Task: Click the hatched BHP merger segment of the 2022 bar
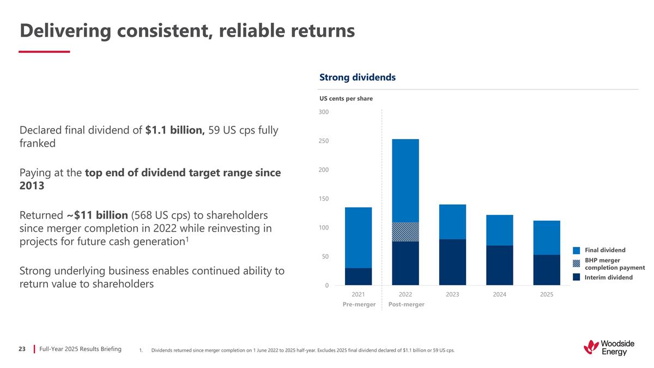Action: click(x=405, y=232)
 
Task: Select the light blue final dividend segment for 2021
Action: click(x=358, y=237)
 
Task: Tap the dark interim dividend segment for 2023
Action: click(x=452, y=262)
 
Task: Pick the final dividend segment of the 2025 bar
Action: click(x=547, y=237)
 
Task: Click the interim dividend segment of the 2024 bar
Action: click(x=499, y=265)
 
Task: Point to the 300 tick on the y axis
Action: click(x=324, y=112)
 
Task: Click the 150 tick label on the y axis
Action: click(x=324, y=199)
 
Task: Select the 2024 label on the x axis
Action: click(x=499, y=294)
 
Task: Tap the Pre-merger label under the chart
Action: click(x=359, y=304)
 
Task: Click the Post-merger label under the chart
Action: click(x=406, y=304)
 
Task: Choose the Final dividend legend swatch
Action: click(x=576, y=250)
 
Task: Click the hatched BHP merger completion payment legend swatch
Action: click(x=576, y=263)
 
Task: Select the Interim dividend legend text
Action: click(x=609, y=277)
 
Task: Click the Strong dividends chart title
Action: click(x=357, y=77)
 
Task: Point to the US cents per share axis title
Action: click(x=346, y=99)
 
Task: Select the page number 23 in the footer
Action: click(x=22, y=348)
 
